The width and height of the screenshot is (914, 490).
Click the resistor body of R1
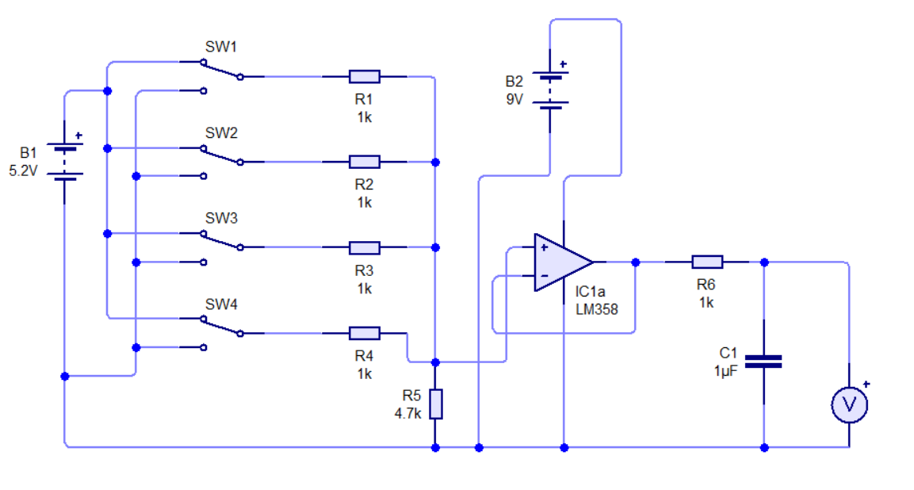pos(365,76)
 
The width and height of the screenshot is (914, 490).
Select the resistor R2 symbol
pos(365,162)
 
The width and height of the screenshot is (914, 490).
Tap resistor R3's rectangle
pos(365,248)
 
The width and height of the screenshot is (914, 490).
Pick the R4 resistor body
pos(365,333)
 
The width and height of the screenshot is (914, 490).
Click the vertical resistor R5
pos(435,404)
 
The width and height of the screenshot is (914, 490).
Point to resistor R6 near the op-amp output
pos(707,262)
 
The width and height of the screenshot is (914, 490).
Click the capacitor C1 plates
pos(763,362)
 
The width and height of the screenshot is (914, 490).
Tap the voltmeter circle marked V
pos(849,404)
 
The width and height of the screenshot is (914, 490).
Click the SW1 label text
pos(221,47)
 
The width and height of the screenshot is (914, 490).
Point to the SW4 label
pos(221,304)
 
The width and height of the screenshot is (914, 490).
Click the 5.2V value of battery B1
pos(23,171)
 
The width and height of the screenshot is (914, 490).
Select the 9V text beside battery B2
pos(514,100)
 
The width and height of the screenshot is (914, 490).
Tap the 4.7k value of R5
pos(407,414)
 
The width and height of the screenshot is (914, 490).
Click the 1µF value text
pos(725,371)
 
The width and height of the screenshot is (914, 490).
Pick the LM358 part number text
pos(597,309)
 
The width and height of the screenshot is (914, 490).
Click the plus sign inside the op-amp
pos(545,248)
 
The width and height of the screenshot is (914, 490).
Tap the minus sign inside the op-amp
pos(545,275)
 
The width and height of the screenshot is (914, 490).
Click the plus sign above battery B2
pos(563,64)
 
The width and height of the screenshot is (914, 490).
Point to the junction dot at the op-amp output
pos(636,262)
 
